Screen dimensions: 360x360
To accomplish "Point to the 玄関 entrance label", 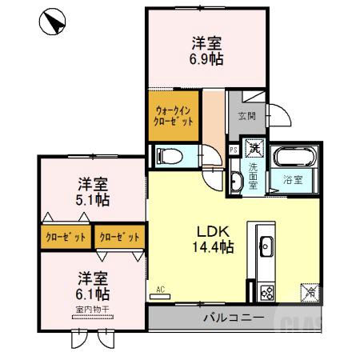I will point(246,116).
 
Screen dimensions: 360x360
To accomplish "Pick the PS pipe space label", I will point(233,149).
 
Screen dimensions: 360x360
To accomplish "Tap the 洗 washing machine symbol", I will point(254,148).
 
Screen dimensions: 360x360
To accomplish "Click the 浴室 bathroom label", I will point(292,179).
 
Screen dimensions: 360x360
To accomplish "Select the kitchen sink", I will point(265,245).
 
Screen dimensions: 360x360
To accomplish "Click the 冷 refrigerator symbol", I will point(309,293).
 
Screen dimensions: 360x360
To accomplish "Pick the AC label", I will point(159,290).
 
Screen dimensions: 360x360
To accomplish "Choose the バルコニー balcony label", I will point(233,318).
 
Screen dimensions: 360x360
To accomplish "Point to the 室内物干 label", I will point(94,309).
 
